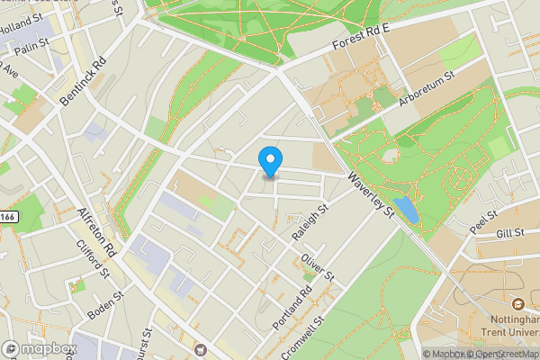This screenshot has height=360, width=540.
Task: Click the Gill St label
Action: point(509,234)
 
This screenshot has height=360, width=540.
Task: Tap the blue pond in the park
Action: point(406,210)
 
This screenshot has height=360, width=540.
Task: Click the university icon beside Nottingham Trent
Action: point(519,303)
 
